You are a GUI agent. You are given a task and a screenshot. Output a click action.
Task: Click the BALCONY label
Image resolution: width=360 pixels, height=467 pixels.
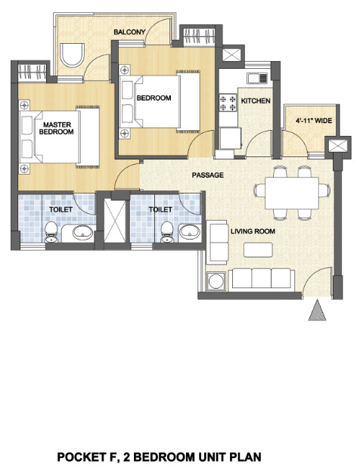(x=129, y=32)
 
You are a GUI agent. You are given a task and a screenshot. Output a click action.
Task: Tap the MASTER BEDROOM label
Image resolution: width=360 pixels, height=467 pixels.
(x=56, y=128)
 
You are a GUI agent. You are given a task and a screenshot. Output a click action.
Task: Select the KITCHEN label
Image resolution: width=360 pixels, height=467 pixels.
(x=256, y=101)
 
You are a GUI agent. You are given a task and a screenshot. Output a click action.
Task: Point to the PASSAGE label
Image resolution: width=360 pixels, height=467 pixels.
(x=208, y=175)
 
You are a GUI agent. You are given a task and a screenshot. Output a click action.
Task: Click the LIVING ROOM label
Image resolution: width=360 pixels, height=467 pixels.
(x=253, y=231)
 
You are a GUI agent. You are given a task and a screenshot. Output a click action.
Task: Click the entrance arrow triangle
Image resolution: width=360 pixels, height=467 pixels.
(x=317, y=310)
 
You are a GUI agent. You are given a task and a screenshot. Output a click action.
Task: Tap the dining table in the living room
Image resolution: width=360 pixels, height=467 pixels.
(x=292, y=193)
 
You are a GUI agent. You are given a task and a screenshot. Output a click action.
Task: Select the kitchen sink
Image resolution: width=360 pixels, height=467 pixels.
(x=257, y=78)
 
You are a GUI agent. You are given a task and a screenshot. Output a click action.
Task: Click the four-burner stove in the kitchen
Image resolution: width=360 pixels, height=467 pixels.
(x=228, y=103)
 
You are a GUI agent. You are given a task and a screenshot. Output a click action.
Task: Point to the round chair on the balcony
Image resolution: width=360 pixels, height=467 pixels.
(x=72, y=55)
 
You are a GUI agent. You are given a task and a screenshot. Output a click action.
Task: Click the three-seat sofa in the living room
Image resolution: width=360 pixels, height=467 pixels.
(x=262, y=279)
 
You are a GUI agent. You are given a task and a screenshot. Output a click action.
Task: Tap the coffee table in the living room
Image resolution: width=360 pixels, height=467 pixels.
(x=258, y=250)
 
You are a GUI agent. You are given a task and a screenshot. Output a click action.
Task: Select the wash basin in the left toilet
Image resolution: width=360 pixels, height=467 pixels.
(x=82, y=232)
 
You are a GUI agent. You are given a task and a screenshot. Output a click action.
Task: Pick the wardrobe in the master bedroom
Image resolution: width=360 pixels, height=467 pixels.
(x=33, y=72)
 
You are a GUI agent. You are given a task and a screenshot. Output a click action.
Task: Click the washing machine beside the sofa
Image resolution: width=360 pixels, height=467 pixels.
(x=216, y=281)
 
